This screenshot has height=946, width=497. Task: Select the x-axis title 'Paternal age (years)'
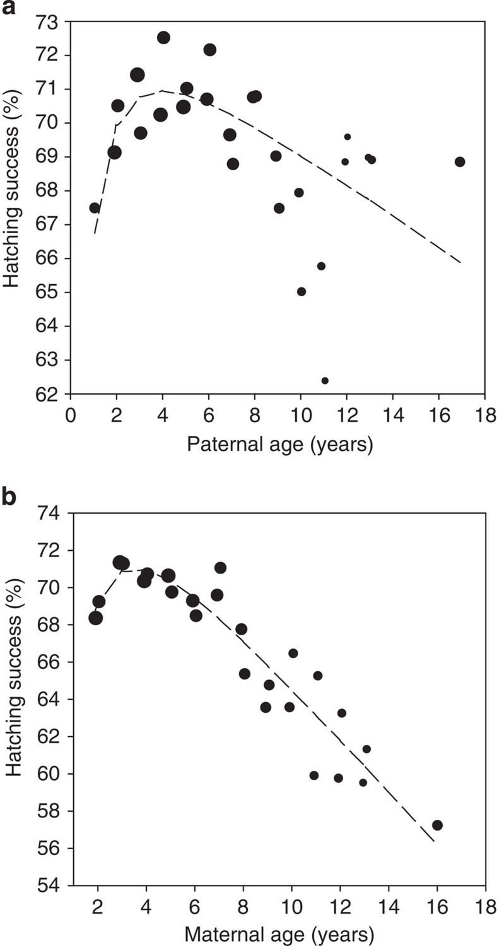pos(279,445)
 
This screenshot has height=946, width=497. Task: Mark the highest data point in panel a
pos(163,38)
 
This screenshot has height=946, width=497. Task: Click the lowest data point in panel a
pos(325,381)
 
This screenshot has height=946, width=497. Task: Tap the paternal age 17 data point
pos(460,162)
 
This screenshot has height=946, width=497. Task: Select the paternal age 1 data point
pos(95,208)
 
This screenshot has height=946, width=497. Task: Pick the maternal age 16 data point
pos(437,825)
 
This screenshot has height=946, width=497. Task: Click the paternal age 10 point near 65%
pos(301,292)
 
